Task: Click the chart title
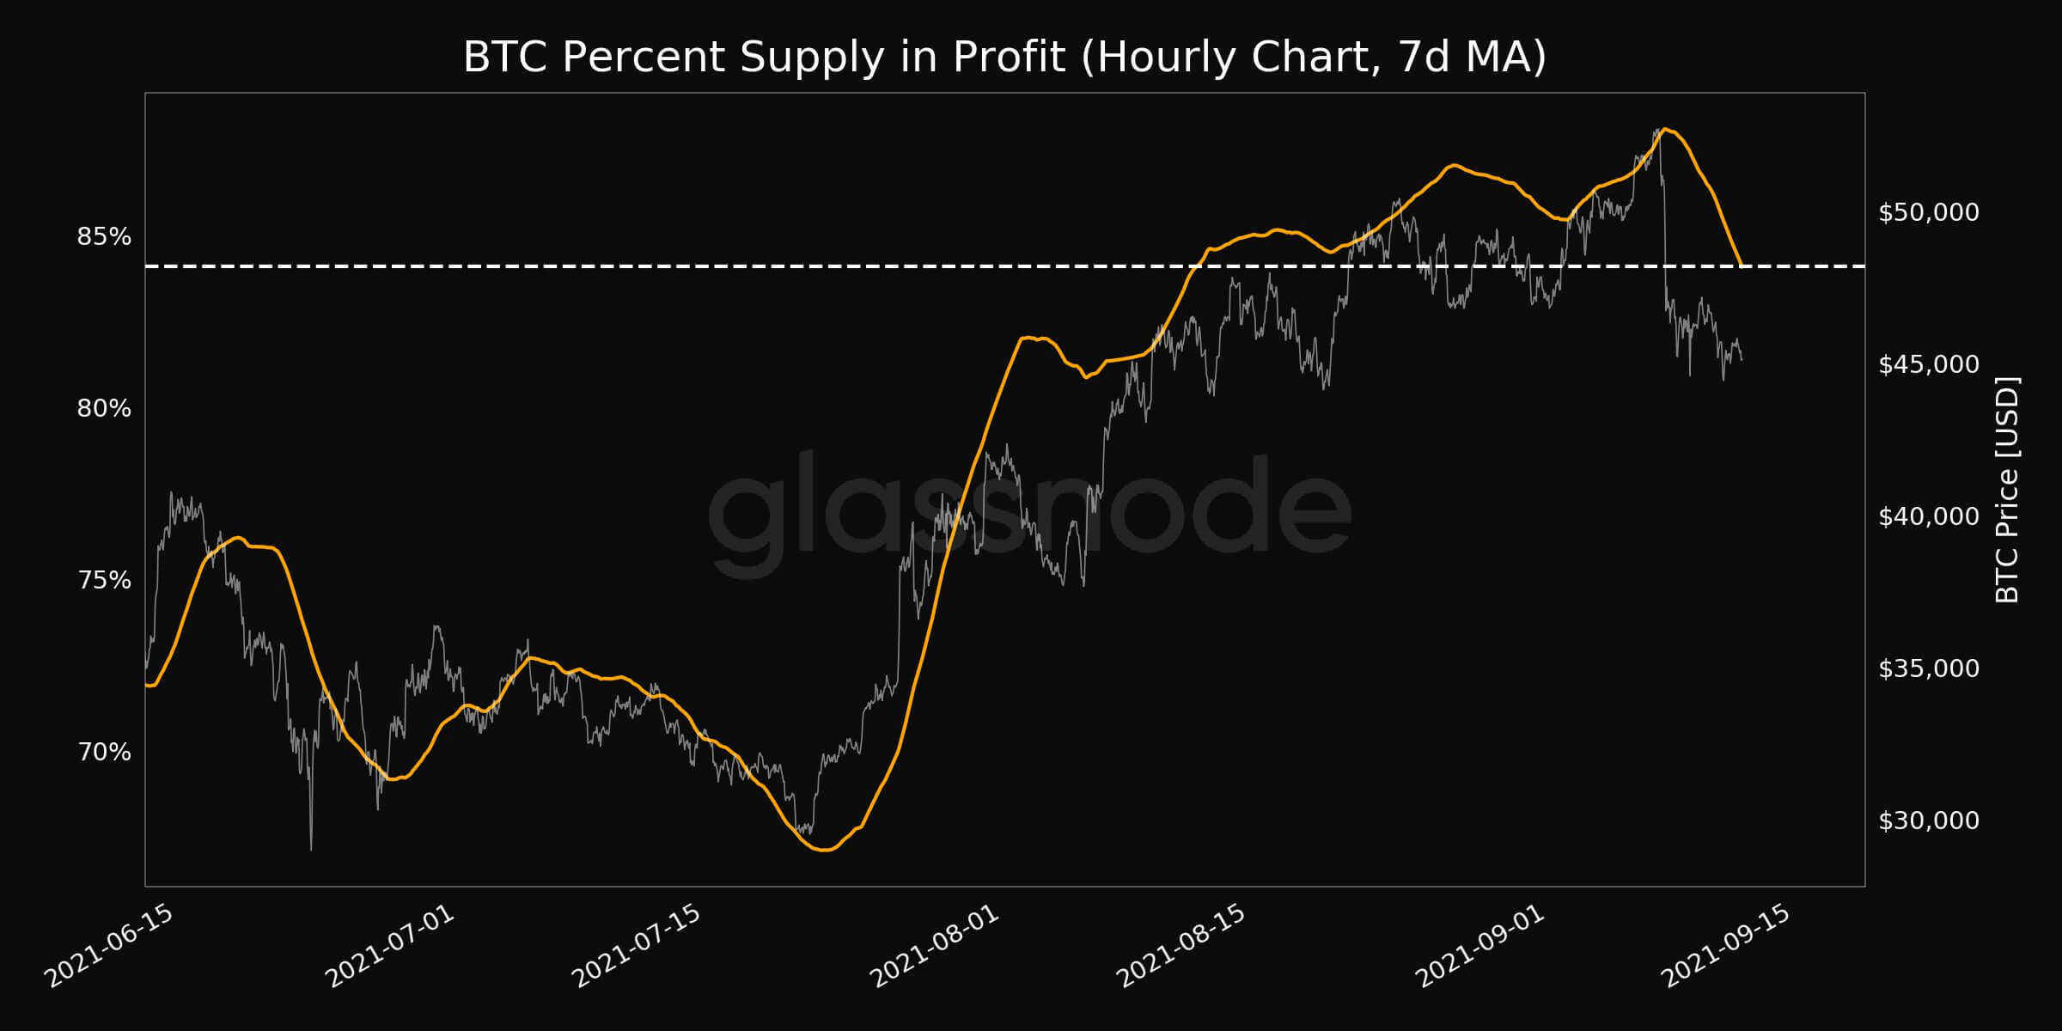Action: click(1004, 57)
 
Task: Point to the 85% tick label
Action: click(104, 236)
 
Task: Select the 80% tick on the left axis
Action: click(104, 408)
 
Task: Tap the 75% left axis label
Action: click(104, 580)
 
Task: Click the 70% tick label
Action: click(104, 752)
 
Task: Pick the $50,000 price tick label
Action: click(1928, 212)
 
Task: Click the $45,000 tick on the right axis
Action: click(1928, 364)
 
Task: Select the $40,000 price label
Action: click(1928, 516)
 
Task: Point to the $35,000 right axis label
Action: click(1928, 668)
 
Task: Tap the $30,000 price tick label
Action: click(1928, 821)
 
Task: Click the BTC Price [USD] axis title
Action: click(2007, 490)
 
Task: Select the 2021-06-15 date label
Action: click(109, 946)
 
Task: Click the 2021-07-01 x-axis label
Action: click(389, 946)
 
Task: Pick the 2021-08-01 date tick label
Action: click(935, 946)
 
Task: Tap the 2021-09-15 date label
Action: click(1727, 946)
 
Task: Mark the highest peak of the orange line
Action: click(1665, 129)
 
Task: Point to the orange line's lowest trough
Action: click(824, 850)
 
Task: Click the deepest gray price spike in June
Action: click(311, 848)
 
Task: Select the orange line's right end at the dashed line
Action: click(1741, 264)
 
